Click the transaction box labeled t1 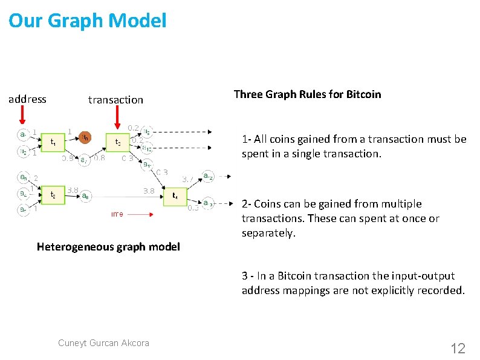(x=54, y=143)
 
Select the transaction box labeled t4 (x=175, y=196)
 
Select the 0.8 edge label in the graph (x=99, y=159)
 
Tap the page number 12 (x=458, y=348)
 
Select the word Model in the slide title (x=138, y=21)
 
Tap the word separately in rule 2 (x=268, y=233)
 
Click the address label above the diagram (x=27, y=99)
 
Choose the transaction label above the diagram (x=115, y=100)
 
